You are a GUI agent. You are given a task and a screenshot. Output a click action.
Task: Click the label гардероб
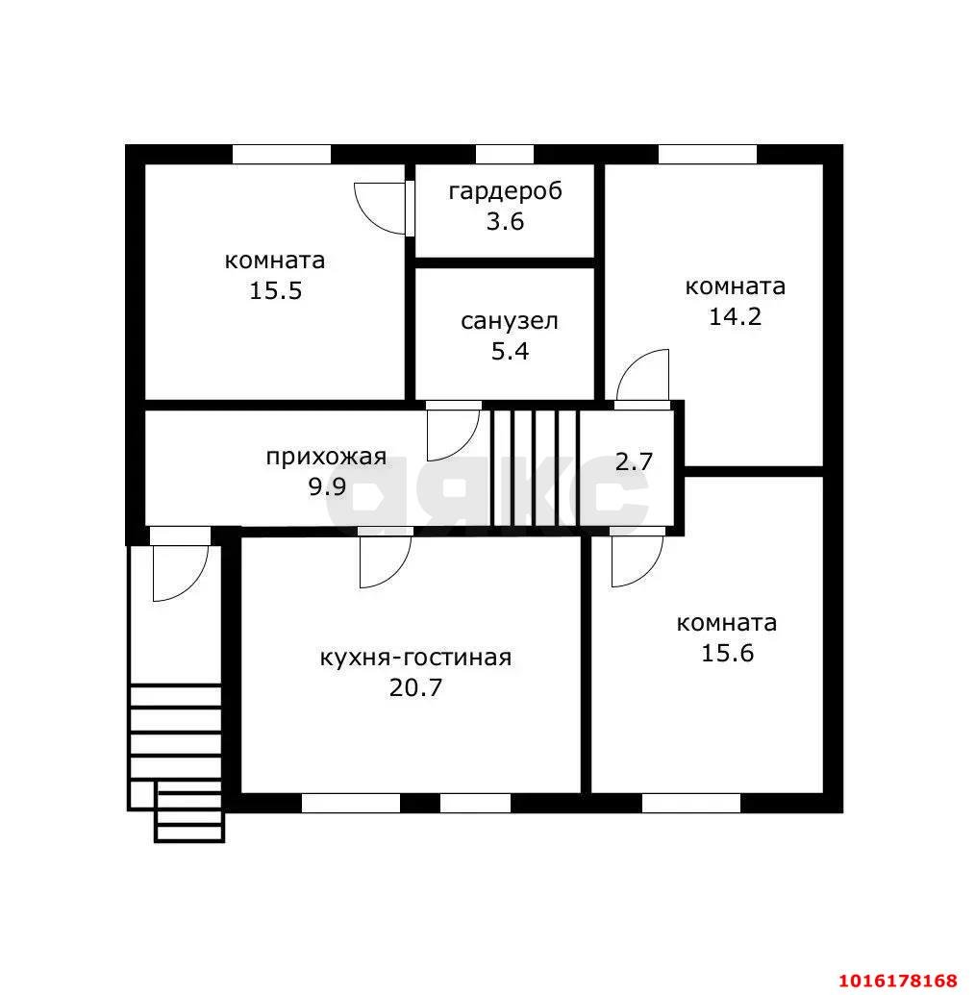click(505, 191)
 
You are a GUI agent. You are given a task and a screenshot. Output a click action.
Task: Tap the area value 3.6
click(505, 221)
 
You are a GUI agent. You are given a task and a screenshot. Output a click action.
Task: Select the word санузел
click(509, 321)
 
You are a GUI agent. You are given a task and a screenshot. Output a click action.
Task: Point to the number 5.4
click(510, 351)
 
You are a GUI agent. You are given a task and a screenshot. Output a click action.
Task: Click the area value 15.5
click(276, 290)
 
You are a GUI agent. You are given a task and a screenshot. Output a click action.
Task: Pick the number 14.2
click(735, 316)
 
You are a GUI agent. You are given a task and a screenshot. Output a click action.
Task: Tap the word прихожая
click(326, 457)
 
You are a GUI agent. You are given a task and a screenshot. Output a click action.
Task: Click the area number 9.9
click(327, 486)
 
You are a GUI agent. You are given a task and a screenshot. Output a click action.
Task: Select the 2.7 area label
click(634, 461)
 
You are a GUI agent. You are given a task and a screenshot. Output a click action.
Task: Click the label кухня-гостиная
click(415, 658)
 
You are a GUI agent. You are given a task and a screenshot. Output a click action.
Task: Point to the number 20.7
click(415, 687)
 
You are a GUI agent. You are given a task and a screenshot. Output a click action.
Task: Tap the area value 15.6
click(728, 653)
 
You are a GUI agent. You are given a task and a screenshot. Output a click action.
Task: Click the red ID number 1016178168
click(897, 981)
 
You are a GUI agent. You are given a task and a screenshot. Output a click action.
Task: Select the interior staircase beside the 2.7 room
click(535, 467)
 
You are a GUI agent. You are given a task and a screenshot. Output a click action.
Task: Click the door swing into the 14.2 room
click(642, 377)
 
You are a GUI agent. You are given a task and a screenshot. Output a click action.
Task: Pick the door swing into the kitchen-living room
click(386, 560)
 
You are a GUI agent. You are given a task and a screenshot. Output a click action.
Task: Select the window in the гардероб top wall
click(505, 154)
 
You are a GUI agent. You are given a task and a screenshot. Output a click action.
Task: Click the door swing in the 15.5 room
click(381, 209)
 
